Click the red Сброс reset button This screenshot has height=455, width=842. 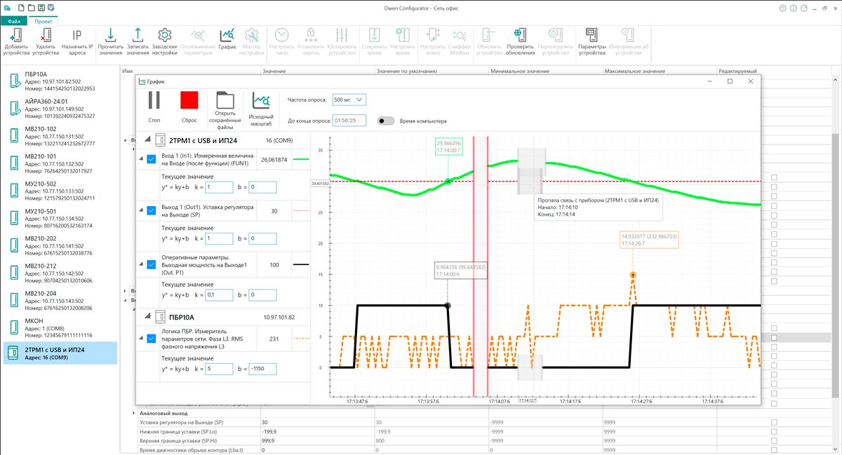coord(189,100)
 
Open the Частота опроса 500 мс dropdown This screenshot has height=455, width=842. coord(349,100)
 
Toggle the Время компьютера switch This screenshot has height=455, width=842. coord(385,121)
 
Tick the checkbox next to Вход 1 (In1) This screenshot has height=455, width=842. coord(151,160)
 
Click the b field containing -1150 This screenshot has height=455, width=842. coord(261,369)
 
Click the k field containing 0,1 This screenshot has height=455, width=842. coord(218,296)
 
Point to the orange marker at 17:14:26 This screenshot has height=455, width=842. coord(633,275)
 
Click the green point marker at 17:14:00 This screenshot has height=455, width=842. coord(448,182)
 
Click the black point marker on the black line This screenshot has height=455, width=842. coord(448,306)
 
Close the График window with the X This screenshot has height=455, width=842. coord(751,81)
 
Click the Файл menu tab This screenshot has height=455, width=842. coord(14,21)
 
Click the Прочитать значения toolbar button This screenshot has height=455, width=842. coord(110,42)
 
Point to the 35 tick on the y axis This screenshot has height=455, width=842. coord(321,151)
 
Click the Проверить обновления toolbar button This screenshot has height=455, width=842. coord(520,42)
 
